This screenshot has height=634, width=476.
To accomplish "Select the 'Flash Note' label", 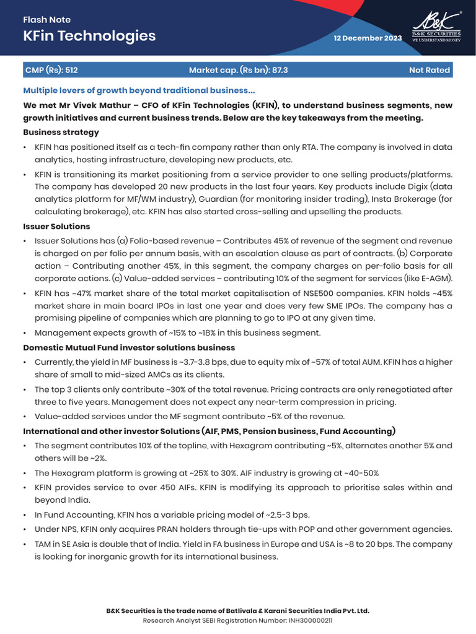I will pos(46,20).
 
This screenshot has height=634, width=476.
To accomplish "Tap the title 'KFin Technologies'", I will pos(89,36).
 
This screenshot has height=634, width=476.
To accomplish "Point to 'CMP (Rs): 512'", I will pos(51,70).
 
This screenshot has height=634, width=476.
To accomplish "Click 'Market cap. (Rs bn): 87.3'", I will pos(238,70).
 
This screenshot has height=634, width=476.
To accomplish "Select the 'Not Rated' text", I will pos(429,70).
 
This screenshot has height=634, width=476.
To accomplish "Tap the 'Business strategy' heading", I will pos(61,132).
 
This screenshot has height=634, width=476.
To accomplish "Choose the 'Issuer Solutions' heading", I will pos(56,227).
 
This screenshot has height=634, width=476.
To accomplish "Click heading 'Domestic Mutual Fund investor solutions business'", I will pos(129,347).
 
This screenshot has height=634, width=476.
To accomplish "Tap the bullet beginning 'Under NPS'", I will pos(243,529).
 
